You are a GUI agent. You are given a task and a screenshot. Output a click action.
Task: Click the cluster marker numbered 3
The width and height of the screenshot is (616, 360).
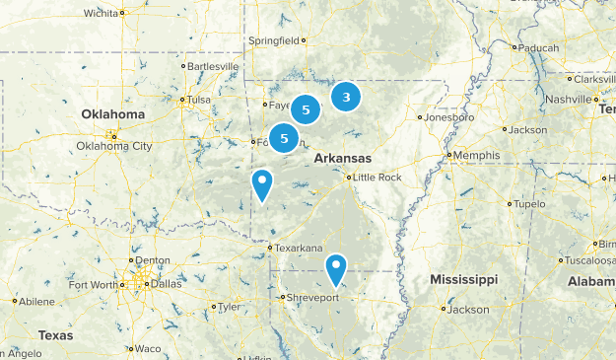tap(346, 97)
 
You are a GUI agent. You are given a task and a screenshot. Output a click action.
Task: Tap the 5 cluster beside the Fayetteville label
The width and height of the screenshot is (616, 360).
tap(306, 110)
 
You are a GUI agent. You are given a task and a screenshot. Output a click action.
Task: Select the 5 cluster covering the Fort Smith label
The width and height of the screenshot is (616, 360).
tap(284, 138)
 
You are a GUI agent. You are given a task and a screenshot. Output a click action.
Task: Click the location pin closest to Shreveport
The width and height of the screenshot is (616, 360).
tap(336, 266)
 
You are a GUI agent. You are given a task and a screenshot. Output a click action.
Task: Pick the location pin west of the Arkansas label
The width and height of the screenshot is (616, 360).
tap(262, 182)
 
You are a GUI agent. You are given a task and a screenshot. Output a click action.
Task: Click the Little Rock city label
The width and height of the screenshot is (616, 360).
tap(377, 178)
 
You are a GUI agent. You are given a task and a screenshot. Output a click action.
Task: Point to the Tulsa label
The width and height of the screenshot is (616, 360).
tap(200, 100)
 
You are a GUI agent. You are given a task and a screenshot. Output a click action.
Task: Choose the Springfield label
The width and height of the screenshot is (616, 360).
tap(275, 41)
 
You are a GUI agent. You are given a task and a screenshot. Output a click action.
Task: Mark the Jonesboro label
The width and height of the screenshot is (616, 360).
tap(449, 117)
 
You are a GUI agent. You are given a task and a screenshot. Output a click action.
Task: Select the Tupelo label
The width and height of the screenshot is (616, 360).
tap(529, 204)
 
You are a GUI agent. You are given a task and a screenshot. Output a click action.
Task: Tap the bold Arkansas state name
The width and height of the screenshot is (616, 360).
tap(343, 158)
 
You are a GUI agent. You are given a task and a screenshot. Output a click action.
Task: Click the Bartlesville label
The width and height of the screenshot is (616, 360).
tap(213, 66)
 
